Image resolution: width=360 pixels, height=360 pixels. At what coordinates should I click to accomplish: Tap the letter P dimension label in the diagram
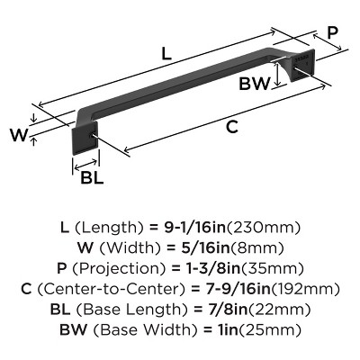[x=331, y=32]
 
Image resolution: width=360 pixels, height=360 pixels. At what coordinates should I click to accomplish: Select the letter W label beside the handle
[x=16, y=136]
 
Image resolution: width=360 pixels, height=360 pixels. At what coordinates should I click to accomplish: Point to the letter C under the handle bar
[x=231, y=127]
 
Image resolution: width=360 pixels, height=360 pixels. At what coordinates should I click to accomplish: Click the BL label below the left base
[x=92, y=176]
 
